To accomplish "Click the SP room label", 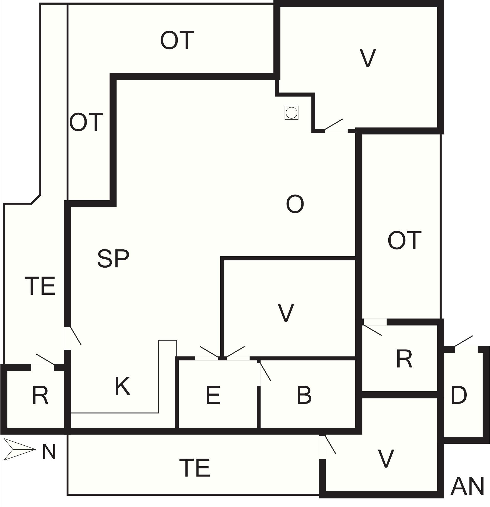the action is click(113, 258).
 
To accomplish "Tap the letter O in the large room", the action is click(295, 204).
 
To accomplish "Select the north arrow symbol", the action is click(19, 449).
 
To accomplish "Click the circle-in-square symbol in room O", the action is click(291, 113).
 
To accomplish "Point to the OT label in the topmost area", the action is click(177, 40).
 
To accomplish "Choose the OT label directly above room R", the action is click(404, 240).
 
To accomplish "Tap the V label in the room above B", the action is click(286, 313).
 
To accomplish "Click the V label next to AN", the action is click(386, 459).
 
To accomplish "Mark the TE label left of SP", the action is click(40, 286).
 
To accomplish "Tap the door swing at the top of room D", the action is click(463, 341).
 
